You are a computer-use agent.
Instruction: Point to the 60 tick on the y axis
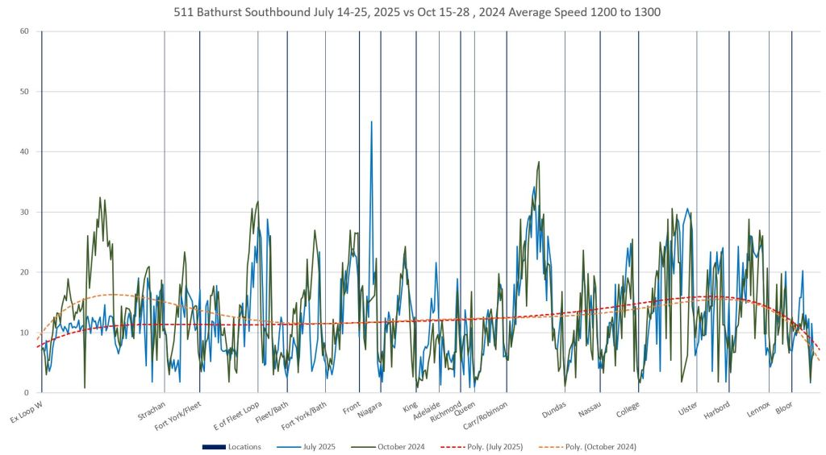(x=24, y=31)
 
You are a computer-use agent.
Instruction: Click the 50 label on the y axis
(x=24, y=92)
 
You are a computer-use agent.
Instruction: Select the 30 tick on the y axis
(x=24, y=212)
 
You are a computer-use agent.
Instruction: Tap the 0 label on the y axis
(x=27, y=393)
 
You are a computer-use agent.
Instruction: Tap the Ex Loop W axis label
(x=27, y=411)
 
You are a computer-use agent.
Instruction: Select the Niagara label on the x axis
(x=370, y=407)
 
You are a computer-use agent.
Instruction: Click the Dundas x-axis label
(x=554, y=407)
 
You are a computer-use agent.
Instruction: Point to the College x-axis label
(x=628, y=407)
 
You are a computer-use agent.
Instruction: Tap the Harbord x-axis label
(x=717, y=407)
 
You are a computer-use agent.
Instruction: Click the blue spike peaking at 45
(x=371, y=123)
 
